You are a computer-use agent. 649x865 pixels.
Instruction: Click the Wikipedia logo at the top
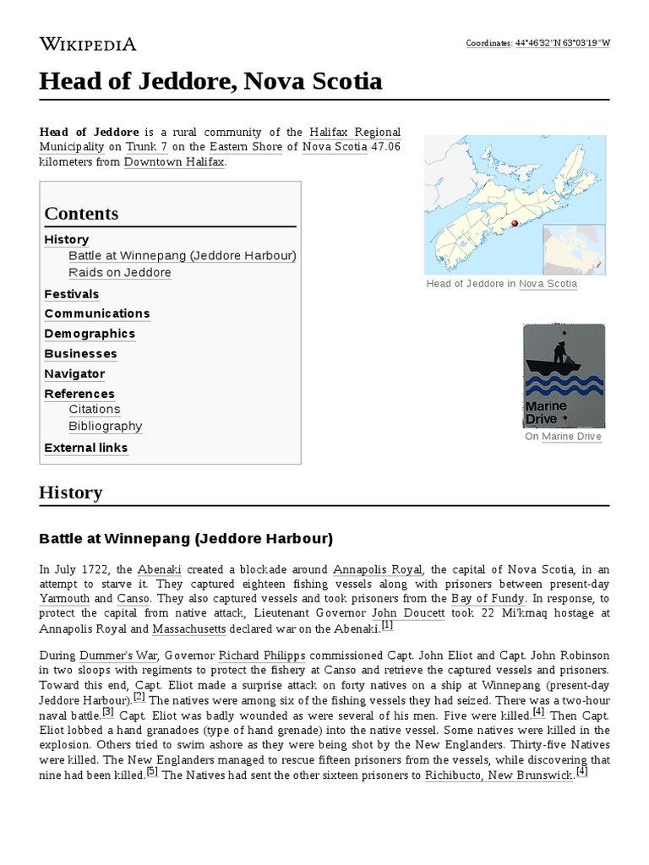point(87,44)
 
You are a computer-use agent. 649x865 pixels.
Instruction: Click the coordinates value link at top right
point(562,43)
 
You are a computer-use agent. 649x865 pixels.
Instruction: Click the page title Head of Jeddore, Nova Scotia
point(210,82)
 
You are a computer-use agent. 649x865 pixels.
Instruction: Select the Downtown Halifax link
point(174,161)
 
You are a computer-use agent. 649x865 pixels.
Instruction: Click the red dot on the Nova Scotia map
point(513,223)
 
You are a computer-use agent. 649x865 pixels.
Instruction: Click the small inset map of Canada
point(573,249)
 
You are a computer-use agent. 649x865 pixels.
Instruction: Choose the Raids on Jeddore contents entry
point(120,273)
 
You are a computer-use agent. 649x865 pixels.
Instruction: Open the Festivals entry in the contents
point(72,294)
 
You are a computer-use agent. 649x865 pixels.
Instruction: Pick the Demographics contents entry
point(90,334)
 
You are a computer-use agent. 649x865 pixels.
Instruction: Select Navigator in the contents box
point(74,373)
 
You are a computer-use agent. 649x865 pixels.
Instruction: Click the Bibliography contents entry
point(106,427)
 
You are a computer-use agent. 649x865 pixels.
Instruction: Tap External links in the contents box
point(86,448)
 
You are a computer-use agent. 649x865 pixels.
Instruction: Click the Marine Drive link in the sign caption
point(571,437)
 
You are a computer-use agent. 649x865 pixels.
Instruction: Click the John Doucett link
point(408,613)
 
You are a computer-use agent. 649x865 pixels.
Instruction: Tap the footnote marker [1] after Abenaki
point(387,626)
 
